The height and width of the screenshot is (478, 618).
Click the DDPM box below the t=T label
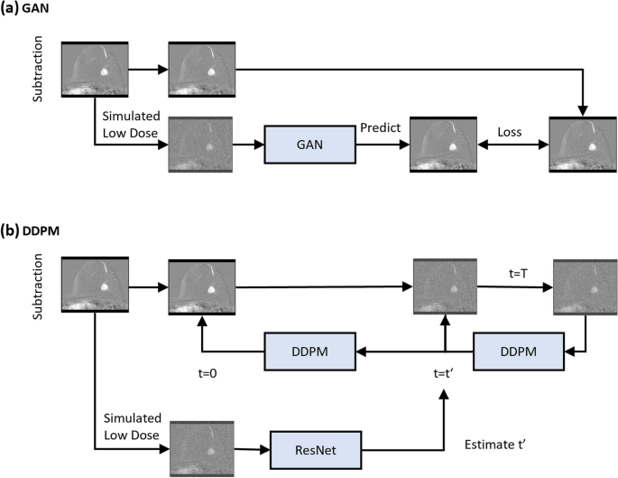(512, 350)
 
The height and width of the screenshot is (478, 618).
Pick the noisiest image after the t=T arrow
(584, 287)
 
